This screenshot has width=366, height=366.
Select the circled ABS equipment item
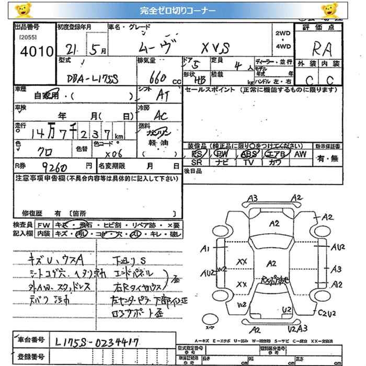pyautogui.click(x=248, y=154)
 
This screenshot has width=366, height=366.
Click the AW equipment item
pyautogui.click(x=300, y=154)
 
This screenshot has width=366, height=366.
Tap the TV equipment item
pyautogui.click(x=248, y=163)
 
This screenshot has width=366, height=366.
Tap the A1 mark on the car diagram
pyautogui.click(x=205, y=248)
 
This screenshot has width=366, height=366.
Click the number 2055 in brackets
pyautogui.click(x=27, y=38)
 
